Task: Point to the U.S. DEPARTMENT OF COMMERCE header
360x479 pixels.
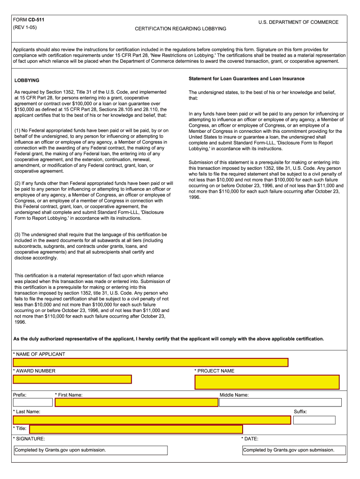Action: [x=298, y=22]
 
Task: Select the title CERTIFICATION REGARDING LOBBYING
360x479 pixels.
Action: [x=180, y=29]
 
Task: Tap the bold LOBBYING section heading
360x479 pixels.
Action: [x=27, y=80]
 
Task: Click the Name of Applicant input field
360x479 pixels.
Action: [x=151, y=362]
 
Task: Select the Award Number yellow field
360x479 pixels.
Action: [x=72, y=379]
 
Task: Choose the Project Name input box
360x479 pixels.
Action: [x=267, y=382]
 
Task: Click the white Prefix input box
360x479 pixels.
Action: [x=33, y=402]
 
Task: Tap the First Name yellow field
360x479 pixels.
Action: [x=137, y=402]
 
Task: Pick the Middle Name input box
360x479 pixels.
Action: [x=280, y=402]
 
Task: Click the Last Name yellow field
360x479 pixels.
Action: [x=152, y=420]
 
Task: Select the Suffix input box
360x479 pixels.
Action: [x=314, y=420]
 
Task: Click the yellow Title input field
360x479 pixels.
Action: [x=136, y=429]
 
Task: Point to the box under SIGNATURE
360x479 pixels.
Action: [x=90, y=450]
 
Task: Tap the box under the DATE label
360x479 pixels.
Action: [x=294, y=450]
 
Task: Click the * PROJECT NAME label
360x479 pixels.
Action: [x=215, y=371]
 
